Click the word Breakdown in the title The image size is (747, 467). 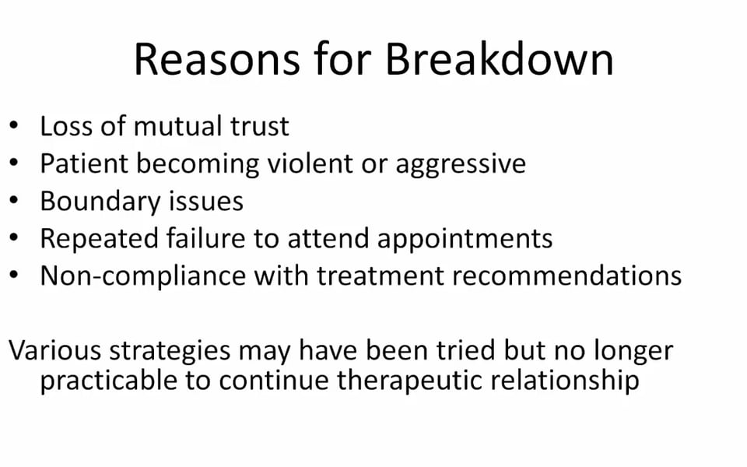500,59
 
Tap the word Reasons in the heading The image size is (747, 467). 217,59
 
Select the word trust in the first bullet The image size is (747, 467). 260,126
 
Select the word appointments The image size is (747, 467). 465,240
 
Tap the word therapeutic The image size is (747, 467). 410,381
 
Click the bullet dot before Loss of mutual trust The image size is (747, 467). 14,126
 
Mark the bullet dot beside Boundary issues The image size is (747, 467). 14,201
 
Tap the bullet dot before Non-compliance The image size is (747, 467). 14,276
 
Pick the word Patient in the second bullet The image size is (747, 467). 84,163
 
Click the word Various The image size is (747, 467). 54,351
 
